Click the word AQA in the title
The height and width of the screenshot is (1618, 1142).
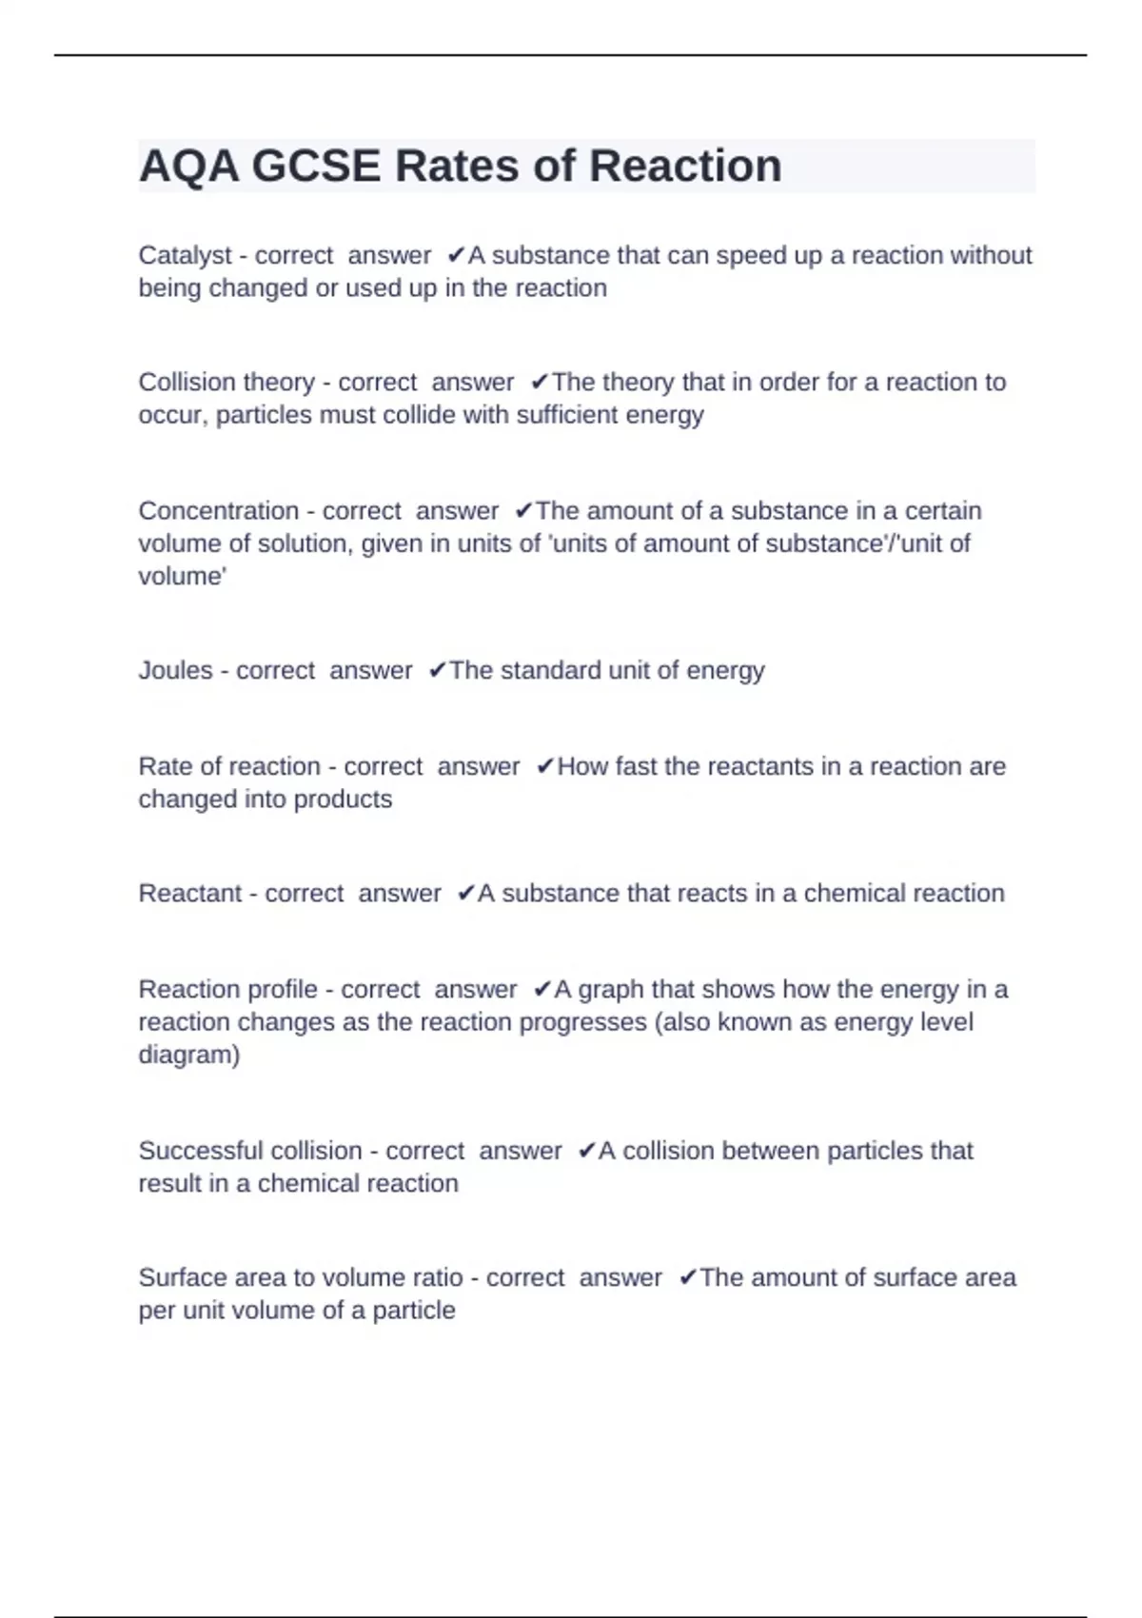coord(188,167)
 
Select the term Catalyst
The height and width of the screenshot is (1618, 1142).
coord(185,256)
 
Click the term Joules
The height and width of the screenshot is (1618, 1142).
coord(175,671)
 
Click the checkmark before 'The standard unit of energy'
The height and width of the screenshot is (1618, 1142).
coord(437,671)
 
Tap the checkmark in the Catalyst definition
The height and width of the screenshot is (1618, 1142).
coord(455,255)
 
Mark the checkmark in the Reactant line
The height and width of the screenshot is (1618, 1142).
coord(465,894)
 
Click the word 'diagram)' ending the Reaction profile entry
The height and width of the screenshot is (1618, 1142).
coord(188,1055)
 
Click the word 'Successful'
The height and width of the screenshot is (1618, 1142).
coord(202,1151)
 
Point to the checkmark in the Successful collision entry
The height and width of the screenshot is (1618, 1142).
coord(586,1151)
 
